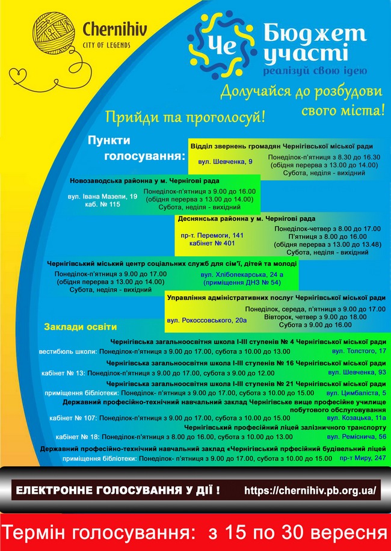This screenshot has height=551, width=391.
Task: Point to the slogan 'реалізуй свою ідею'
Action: click(x=310, y=72)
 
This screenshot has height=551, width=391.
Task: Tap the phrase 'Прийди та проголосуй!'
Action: click(x=185, y=116)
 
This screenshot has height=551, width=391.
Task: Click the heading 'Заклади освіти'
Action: click(x=80, y=327)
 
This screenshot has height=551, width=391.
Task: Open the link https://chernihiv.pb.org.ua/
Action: click(x=310, y=490)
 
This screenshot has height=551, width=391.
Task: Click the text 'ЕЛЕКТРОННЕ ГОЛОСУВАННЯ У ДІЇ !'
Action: click(x=117, y=490)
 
